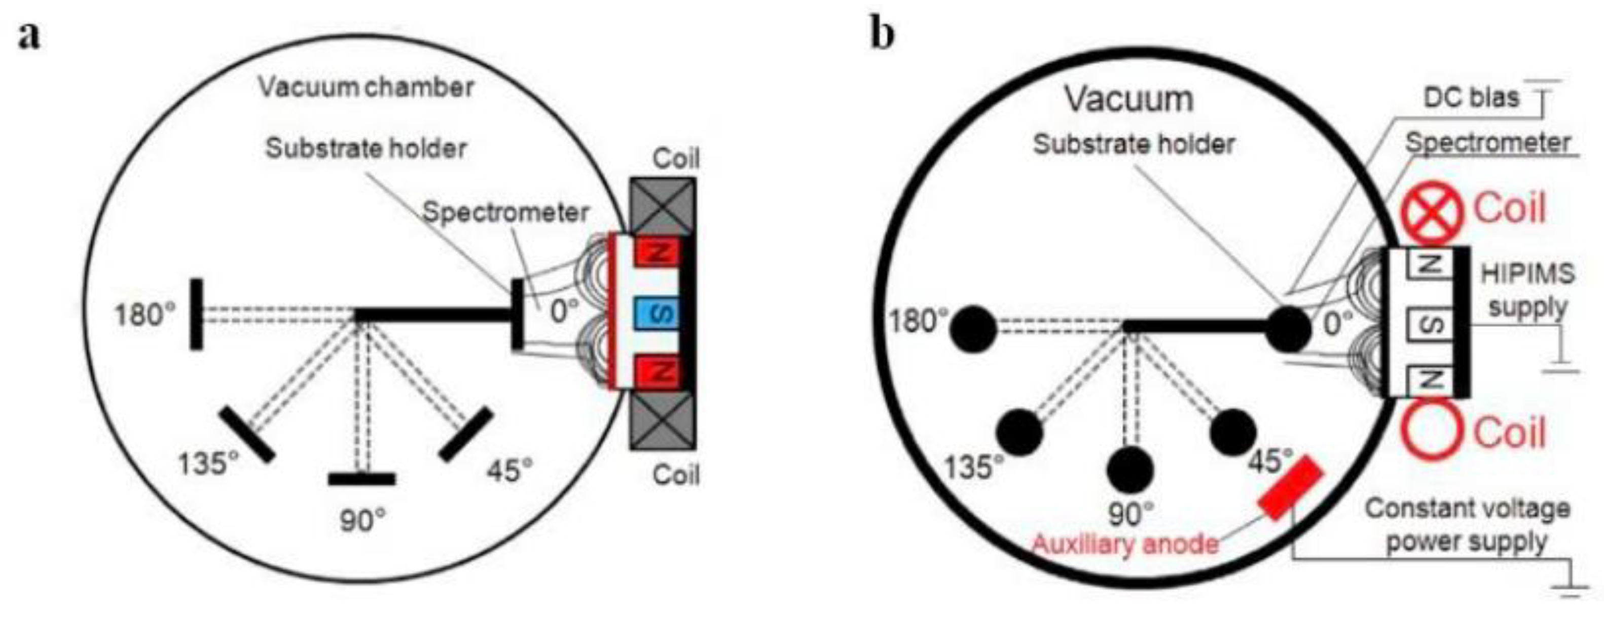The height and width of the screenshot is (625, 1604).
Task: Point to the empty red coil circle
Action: [x=1432, y=429]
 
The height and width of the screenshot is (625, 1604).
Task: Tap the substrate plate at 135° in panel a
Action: [x=246, y=434]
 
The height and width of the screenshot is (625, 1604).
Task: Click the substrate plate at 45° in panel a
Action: [x=466, y=434]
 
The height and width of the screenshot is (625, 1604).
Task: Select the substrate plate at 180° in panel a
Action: [x=196, y=314]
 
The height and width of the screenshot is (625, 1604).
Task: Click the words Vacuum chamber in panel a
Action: [x=366, y=87]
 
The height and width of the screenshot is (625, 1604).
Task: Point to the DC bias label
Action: [x=1471, y=98]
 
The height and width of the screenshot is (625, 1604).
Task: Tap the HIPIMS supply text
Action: [x=1527, y=290]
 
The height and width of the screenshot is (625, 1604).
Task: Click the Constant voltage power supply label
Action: [x=1467, y=525]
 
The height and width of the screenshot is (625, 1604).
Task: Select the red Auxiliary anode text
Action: [x=1124, y=544]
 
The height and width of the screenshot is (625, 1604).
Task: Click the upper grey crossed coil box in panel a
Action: [x=663, y=207]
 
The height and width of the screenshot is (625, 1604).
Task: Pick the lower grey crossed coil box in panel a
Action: [x=663, y=421]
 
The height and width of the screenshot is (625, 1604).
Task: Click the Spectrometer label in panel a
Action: [x=505, y=213]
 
